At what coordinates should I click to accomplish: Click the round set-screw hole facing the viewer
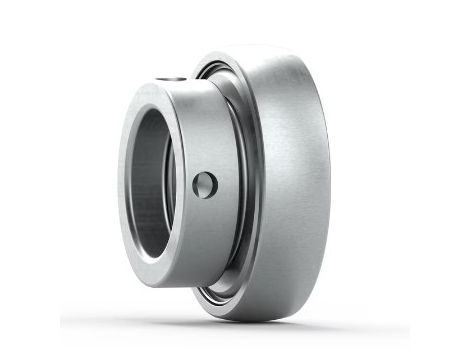204,184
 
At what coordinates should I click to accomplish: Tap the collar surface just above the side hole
204,150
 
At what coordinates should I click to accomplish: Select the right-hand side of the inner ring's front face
181,180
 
